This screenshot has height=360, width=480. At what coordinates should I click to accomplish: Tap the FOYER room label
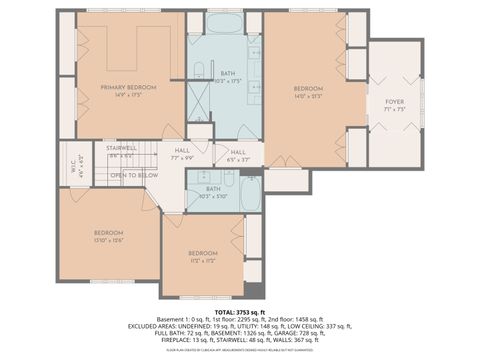click(395, 102)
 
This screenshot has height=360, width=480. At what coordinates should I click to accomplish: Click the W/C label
click(69, 165)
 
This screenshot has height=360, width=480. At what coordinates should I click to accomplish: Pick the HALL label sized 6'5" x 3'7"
click(238, 152)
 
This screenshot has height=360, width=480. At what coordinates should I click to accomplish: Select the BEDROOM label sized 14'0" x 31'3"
click(308, 89)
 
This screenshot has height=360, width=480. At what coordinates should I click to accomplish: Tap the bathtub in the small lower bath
click(250, 193)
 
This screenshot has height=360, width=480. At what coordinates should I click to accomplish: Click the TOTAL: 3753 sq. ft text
click(240, 312)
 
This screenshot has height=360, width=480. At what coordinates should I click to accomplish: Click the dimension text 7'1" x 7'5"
click(395, 110)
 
